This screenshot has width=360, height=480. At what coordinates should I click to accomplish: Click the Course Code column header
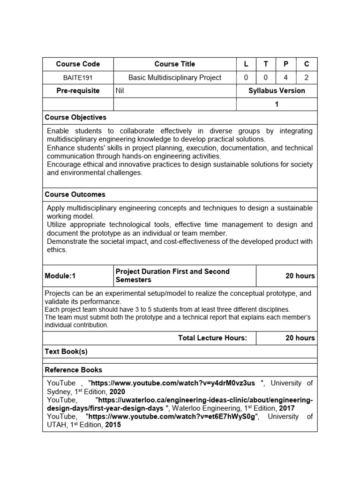point(78,64)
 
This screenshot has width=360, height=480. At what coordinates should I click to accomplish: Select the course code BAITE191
point(78,77)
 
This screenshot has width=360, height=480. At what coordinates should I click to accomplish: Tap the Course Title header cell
point(175,64)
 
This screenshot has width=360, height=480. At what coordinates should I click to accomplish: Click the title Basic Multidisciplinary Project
point(175,77)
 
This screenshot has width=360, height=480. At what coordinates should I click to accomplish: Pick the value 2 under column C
point(307,77)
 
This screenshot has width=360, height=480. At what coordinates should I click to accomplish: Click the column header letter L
point(246,64)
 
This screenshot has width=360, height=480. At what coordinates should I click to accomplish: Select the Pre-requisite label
point(78,90)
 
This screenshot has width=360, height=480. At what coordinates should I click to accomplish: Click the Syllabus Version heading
point(277,90)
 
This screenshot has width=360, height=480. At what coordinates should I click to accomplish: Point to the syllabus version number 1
point(277,104)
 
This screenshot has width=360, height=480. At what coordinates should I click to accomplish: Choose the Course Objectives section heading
point(75,117)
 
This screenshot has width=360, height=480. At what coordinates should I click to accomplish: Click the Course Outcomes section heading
point(75,194)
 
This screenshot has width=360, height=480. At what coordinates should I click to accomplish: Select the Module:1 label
point(60,276)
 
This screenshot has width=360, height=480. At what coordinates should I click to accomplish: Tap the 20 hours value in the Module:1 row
point(300,276)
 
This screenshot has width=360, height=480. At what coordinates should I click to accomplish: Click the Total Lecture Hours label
point(212,338)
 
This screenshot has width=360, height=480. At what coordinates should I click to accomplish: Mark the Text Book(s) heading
point(66,351)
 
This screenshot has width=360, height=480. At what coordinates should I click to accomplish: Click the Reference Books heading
point(73,370)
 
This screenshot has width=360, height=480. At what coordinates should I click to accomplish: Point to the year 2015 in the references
point(113,425)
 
